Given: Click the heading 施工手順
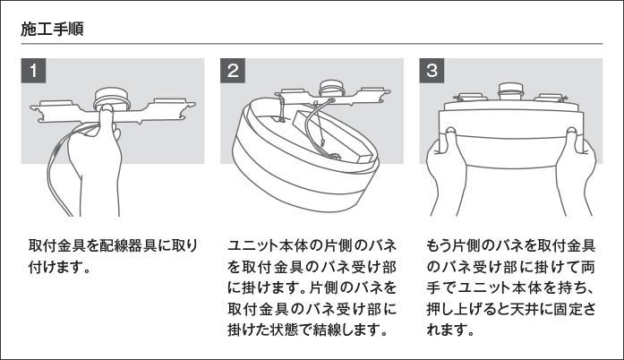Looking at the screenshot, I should click(53, 29).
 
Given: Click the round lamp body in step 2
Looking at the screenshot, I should click(295, 161).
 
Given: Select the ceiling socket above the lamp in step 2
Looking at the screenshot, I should click(331, 90).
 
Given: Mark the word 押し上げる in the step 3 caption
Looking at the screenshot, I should click(467, 309).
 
